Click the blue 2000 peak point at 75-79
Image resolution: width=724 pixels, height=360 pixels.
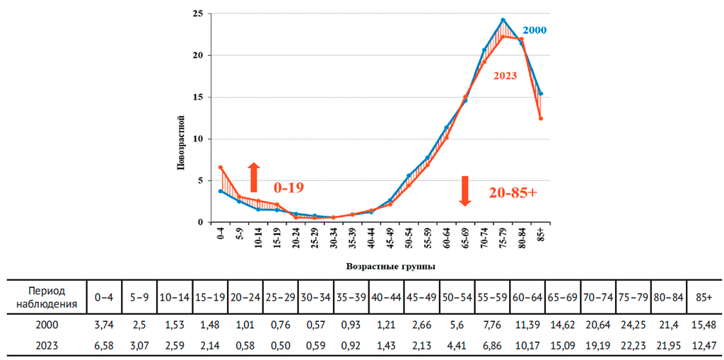503,20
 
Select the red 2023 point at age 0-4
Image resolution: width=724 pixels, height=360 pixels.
221,168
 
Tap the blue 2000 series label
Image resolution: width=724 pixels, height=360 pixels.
534,30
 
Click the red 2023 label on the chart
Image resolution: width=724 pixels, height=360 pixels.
506,76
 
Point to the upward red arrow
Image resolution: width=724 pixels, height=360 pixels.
254,177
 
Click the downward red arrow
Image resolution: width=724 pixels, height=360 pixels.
465,191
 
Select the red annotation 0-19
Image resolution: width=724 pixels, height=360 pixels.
288,187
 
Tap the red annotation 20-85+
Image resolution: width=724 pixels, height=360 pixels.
512,192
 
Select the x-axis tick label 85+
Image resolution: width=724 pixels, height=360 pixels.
541,234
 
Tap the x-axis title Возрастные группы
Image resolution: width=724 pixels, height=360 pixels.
390,267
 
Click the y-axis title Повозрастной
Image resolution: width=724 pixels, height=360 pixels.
181,142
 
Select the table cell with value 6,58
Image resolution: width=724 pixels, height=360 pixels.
103,344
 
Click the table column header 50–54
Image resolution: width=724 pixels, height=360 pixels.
457,298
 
